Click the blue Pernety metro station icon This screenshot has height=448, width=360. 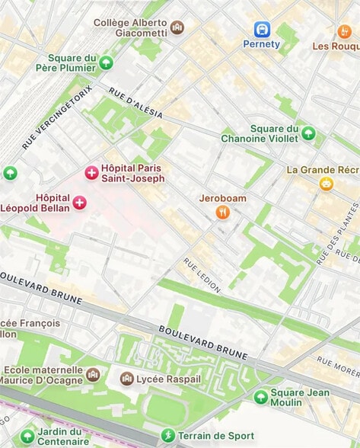pyautogui.click(x=262, y=29)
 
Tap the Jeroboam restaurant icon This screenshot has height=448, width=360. pyautogui.click(x=222, y=213)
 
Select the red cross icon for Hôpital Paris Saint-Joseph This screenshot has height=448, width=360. pyautogui.click(x=92, y=174)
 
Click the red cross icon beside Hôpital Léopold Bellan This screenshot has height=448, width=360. pyautogui.click(x=79, y=202)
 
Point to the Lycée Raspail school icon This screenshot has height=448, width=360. pyautogui.click(x=127, y=379)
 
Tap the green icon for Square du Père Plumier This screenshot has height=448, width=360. pyautogui.click(x=106, y=62)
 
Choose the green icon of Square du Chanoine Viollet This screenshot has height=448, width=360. pyautogui.click(x=308, y=133)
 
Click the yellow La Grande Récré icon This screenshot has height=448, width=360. pyautogui.click(x=326, y=184)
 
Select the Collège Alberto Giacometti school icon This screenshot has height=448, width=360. pyautogui.click(x=177, y=27)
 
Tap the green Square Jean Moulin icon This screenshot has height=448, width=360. pyautogui.click(x=261, y=397)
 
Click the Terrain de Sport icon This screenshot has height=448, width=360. pyautogui.click(x=167, y=435)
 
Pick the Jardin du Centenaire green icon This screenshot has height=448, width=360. pyautogui.click(x=27, y=435)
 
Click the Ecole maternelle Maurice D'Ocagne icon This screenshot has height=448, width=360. pyautogui.click(x=93, y=375)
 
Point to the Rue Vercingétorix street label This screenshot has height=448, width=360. pyautogui.click(x=57, y=117)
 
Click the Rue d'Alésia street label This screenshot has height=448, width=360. pyautogui.click(x=135, y=102)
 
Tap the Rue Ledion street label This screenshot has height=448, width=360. pyautogui.click(x=202, y=275)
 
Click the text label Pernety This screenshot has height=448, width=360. pyautogui.click(x=262, y=44)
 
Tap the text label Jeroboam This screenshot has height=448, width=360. pyautogui.click(x=222, y=198)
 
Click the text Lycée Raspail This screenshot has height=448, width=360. pyautogui.click(x=170, y=379)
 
